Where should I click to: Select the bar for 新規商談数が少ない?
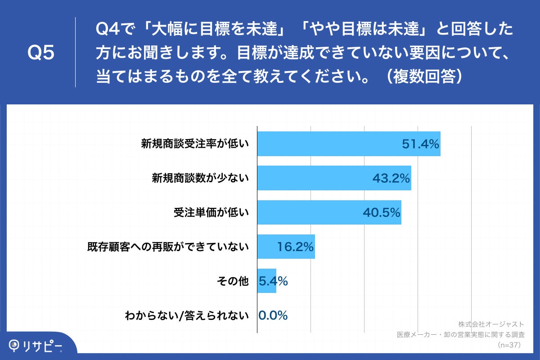[315, 178]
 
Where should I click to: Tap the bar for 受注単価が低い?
[310, 212]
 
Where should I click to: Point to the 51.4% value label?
[420, 144]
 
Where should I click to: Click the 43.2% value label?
[391, 178]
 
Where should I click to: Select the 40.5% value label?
[382, 212]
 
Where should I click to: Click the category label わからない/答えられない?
[187, 315]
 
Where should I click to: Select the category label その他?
[233, 281]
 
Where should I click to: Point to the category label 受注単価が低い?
[211, 212]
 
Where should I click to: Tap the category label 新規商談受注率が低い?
[195, 144]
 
